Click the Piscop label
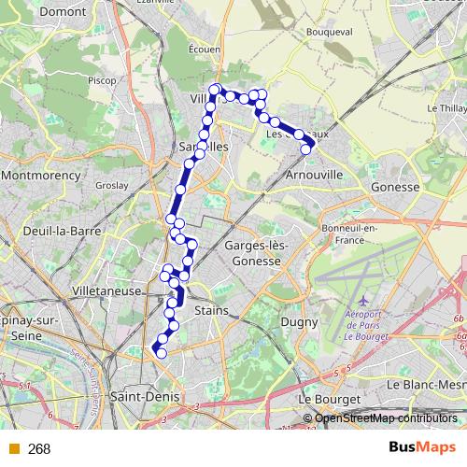[x=101, y=80]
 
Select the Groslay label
[x=111, y=185]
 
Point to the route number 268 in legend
[x=39, y=449]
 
